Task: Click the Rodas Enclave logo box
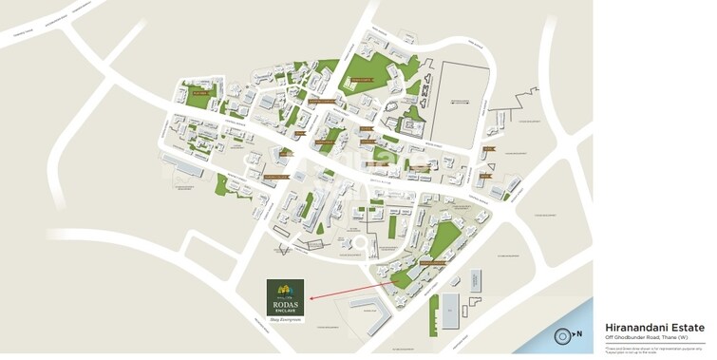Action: (x=285, y=296)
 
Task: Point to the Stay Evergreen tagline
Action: (x=285, y=320)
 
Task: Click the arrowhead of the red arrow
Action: (x=309, y=296)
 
